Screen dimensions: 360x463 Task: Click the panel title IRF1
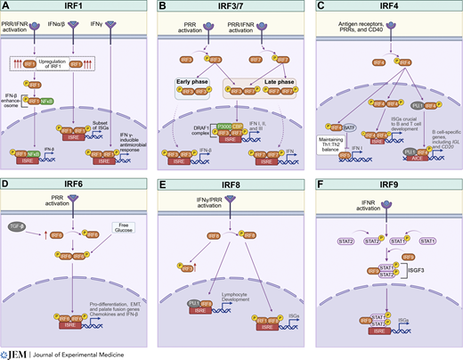(x=77, y=6)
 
